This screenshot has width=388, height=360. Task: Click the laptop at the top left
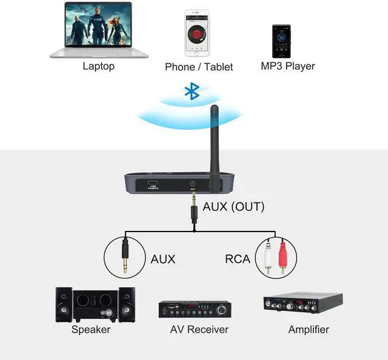pyautogui.click(x=98, y=30)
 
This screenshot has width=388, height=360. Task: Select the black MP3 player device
pyautogui.click(x=281, y=41)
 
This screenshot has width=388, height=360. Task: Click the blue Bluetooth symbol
pyautogui.click(x=192, y=92)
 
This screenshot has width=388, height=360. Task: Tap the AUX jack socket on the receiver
pyautogui.click(x=192, y=184)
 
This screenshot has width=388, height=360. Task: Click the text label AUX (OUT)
pyautogui.click(x=233, y=207)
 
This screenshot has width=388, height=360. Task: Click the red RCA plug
pyautogui.click(x=282, y=259)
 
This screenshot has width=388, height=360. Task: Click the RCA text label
pyautogui.click(x=238, y=259)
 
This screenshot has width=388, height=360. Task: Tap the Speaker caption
pyautogui.click(x=91, y=330)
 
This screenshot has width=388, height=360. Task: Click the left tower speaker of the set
pyautogui.click(x=64, y=304)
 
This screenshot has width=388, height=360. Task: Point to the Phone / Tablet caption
pyautogui.click(x=199, y=67)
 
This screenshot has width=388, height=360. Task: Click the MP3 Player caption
pyautogui.click(x=288, y=65)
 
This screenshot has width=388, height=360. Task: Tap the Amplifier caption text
pyautogui.click(x=308, y=330)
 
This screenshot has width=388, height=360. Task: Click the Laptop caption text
pyautogui.click(x=98, y=65)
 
